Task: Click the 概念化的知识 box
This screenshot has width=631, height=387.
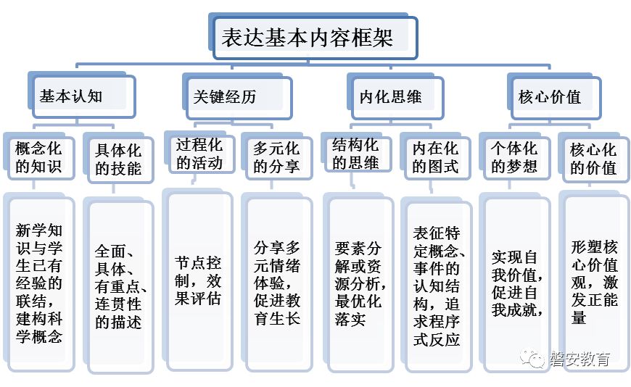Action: [39, 159]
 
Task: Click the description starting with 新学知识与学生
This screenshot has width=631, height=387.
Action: [39, 283]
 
